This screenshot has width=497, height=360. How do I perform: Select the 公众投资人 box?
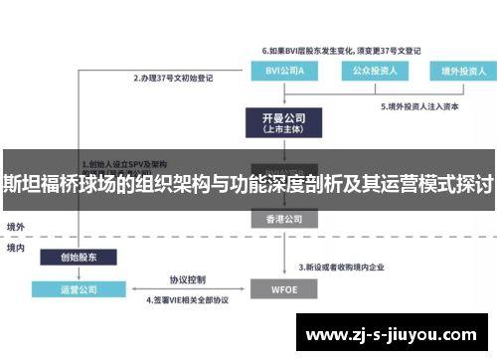[368, 71]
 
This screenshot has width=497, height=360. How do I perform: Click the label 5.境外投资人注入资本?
[421, 105]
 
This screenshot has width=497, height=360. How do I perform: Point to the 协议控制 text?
[186, 279]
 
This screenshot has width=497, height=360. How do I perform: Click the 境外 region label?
[17, 228]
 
